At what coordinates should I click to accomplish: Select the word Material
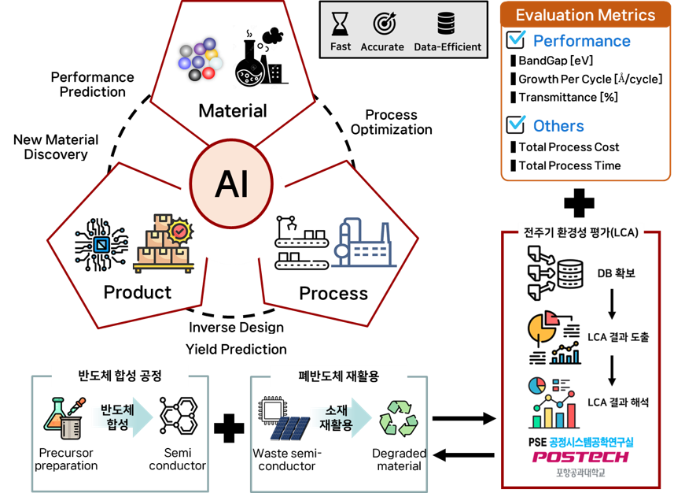pyautogui.click(x=232, y=110)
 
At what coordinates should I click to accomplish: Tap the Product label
pyautogui.click(x=138, y=292)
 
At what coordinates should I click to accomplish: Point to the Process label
pyautogui.click(x=333, y=293)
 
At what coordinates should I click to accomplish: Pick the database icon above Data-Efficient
pyautogui.click(x=447, y=22)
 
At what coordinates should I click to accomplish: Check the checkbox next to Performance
pyautogui.click(x=516, y=39)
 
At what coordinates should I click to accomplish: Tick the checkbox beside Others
pyautogui.click(x=516, y=124)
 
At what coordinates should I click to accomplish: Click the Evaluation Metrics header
pyautogui.click(x=585, y=15)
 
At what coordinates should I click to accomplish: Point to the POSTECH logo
pyautogui.click(x=581, y=457)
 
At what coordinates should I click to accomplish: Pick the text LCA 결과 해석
pyautogui.click(x=618, y=402)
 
